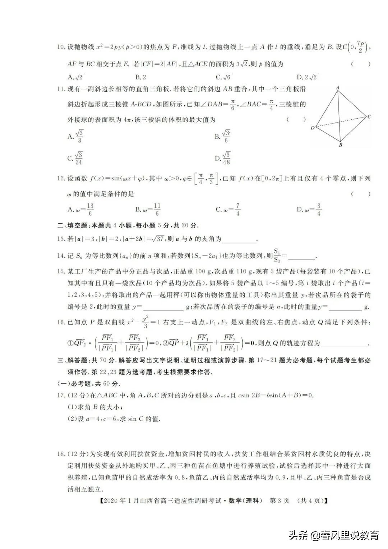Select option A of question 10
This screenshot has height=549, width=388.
click(75, 77)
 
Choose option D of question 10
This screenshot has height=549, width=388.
click(307, 77)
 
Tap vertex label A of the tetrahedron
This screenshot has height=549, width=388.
click(338, 87)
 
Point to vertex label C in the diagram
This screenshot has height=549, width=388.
click(369, 116)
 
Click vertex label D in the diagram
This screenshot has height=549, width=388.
click(313, 128)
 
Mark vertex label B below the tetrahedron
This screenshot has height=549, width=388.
click(340, 145)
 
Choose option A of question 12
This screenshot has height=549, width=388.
click(81, 209)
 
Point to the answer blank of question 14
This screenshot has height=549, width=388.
click(302, 257)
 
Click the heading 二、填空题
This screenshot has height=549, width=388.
click(73, 226)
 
